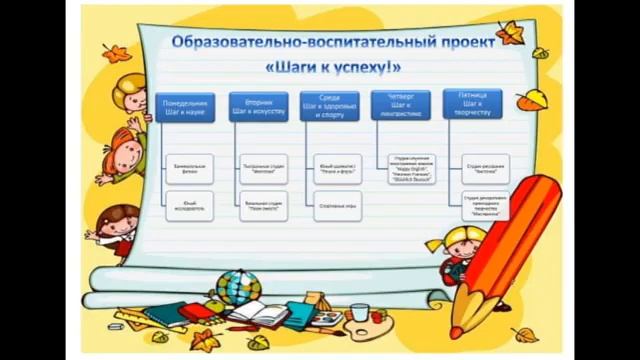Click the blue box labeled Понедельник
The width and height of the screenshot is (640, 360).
pyautogui.click(x=185, y=107)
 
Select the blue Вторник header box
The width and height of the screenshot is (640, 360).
pyautogui.click(x=258, y=107)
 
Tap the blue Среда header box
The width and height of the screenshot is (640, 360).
pyautogui.click(x=330, y=107)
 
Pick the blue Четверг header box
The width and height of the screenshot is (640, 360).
pyautogui.click(x=401, y=105)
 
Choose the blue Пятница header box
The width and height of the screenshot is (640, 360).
pyautogui.click(x=472, y=105)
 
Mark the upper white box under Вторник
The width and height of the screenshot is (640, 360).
pyautogui.click(x=264, y=168)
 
